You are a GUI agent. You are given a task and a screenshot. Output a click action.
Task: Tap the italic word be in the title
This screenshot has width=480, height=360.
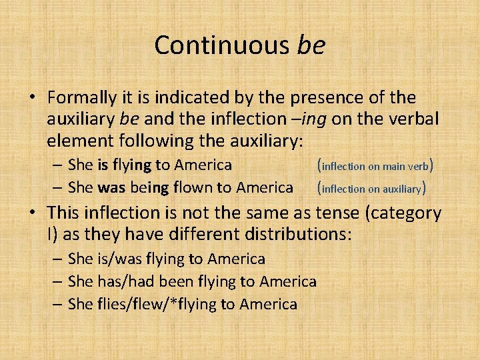pyautogui.click(x=311, y=45)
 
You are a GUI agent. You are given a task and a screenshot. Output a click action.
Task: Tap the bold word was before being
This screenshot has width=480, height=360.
pyautogui.click(x=111, y=188)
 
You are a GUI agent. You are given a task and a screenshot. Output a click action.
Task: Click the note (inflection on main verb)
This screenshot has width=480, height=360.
pyautogui.click(x=377, y=165)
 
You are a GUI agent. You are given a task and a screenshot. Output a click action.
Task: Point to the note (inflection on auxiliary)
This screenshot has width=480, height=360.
pyautogui.click(x=371, y=189)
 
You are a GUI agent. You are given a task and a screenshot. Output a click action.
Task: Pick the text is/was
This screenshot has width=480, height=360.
pyautogui.click(x=111, y=259)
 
